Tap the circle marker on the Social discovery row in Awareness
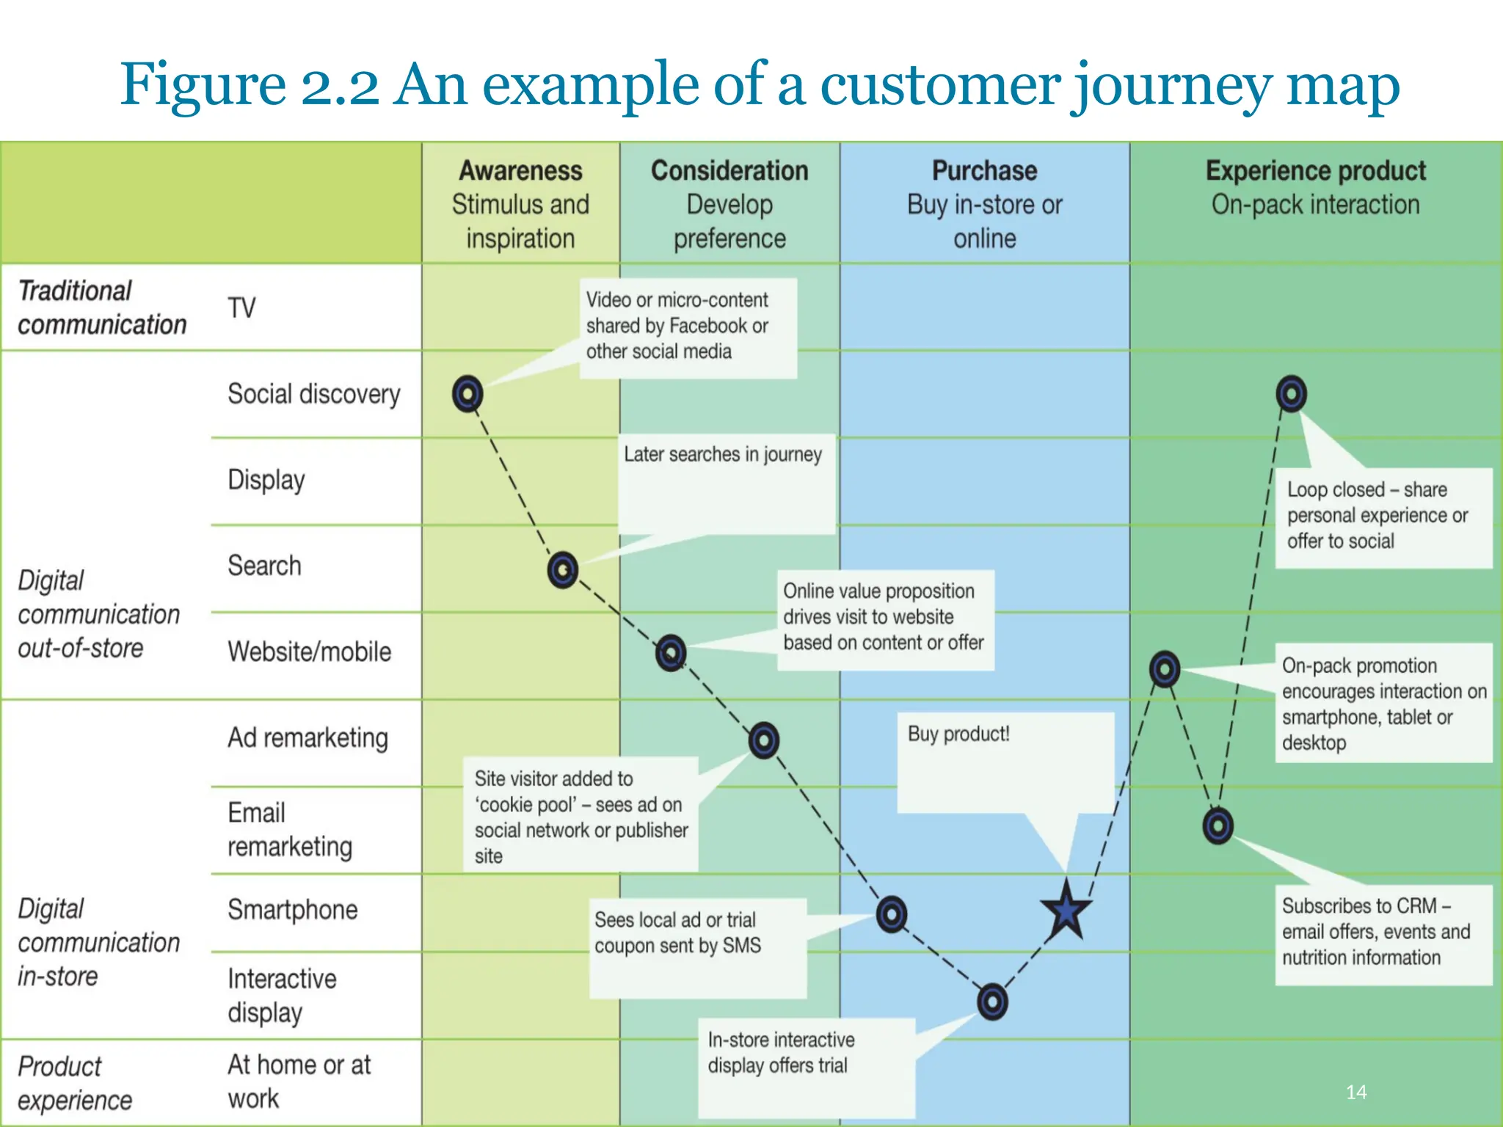467,394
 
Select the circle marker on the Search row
563,569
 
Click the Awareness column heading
520,170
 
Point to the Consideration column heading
729,170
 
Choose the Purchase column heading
984,170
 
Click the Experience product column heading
1315,170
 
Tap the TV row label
241,307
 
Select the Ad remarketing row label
307,737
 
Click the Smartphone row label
292,909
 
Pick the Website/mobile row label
309,652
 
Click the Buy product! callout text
958,734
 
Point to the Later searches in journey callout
723,454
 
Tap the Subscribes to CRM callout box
1376,932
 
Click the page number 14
1356,1092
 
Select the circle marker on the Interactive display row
992,1002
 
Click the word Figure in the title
203,84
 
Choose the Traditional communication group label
102,307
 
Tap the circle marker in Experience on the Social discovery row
1291,394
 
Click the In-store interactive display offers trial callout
782,1052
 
